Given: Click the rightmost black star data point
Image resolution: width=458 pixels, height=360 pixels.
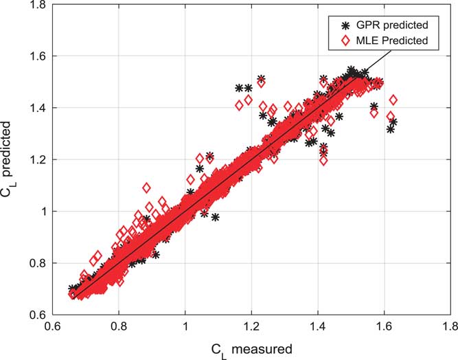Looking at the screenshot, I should pyautogui.click(x=393, y=122).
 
